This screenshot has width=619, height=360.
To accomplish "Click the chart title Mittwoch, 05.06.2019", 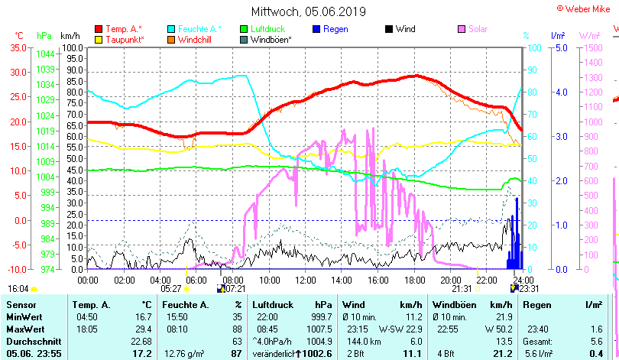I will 309,11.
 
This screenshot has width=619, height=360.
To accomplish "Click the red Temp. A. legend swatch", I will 98,29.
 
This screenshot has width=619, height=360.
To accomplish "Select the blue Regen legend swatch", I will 316,29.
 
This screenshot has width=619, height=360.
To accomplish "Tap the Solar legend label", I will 489,29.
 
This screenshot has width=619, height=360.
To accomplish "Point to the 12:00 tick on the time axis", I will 306,281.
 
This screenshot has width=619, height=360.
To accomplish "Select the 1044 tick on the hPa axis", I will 45,54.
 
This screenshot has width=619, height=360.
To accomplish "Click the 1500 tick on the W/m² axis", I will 595,47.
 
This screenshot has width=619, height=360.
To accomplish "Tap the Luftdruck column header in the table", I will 271,305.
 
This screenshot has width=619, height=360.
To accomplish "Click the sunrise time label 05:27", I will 170,289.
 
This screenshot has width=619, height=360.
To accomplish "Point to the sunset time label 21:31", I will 462,289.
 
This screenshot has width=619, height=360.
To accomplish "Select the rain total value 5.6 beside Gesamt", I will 597,341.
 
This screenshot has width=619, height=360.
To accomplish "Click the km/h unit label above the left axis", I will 70,35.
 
